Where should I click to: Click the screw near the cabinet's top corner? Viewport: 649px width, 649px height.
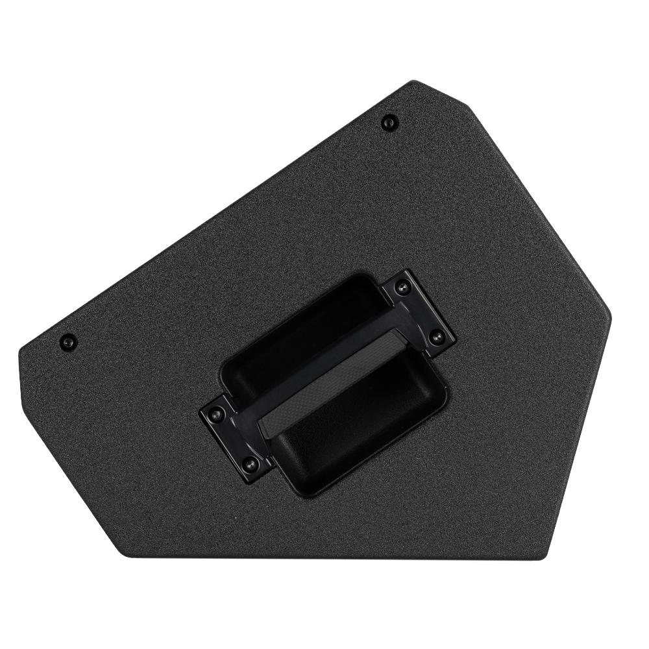(389, 121)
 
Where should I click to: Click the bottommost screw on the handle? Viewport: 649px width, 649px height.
(249, 462)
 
